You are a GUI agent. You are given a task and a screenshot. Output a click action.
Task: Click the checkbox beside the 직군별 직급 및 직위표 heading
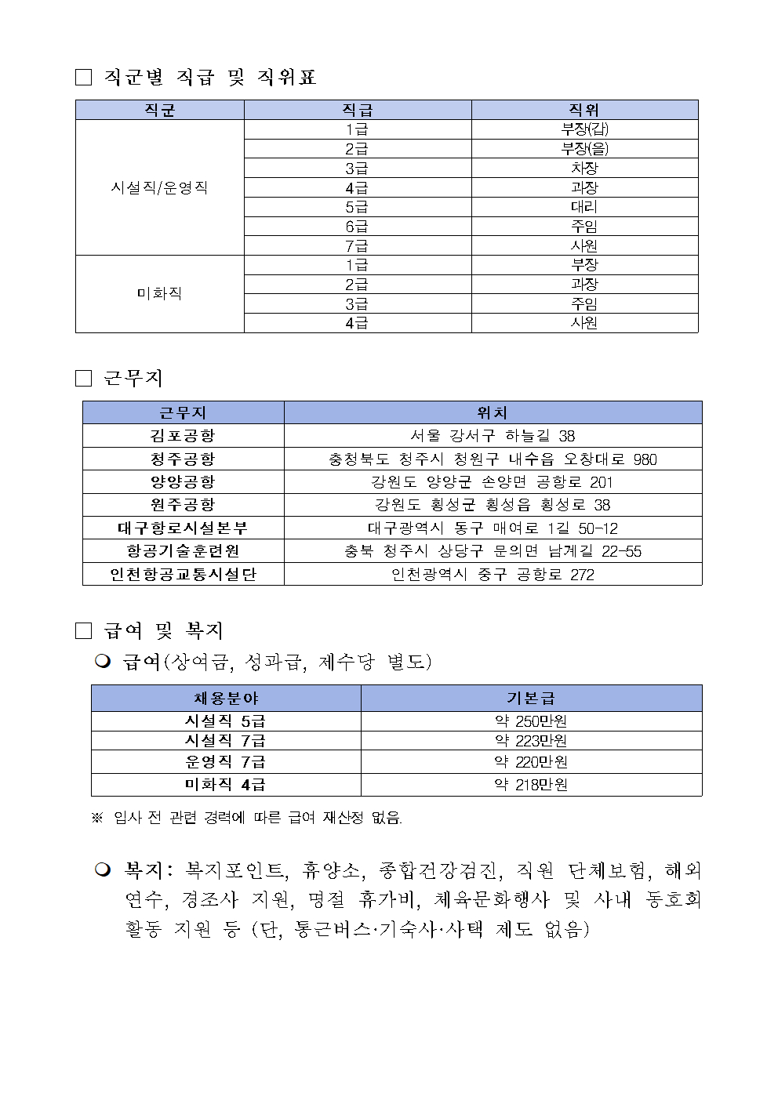[x=83, y=77]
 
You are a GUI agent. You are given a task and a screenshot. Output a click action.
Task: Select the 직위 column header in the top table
[x=584, y=110]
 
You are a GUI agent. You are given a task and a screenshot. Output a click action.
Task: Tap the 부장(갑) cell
[x=584, y=129]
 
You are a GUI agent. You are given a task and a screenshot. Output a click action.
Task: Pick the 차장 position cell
[x=584, y=168]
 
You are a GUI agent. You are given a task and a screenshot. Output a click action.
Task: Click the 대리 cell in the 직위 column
[x=584, y=207]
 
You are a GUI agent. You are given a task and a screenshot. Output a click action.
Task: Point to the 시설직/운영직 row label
[x=159, y=187]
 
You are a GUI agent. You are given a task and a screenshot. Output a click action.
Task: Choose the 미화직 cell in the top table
[x=159, y=293]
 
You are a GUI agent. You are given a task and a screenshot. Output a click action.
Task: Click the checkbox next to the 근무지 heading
[x=83, y=379]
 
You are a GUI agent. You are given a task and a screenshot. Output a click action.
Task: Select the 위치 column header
[x=493, y=412]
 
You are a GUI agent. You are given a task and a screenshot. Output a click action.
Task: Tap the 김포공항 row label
[x=183, y=436]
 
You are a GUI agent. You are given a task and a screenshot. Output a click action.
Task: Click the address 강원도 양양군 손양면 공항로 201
[x=493, y=482]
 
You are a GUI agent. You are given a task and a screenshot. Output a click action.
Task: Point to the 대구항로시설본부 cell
[x=183, y=528]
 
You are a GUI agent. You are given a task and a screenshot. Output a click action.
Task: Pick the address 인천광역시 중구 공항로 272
[x=493, y=575]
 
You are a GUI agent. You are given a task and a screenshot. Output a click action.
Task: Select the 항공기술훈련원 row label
[x=183, y=551]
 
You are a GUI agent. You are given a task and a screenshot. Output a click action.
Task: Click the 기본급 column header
[x=531, y=698]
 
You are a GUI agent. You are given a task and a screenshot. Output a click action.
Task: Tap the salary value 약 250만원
[x=531, y=721]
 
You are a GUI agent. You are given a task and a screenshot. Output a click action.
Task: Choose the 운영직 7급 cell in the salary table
[x=225, y=761]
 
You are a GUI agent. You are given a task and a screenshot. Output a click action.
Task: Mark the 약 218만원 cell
[x=531, y=785]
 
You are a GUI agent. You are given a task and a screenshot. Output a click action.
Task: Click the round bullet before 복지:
[x=103, y=869]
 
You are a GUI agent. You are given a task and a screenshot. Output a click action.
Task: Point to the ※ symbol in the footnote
[x=97, y=818]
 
